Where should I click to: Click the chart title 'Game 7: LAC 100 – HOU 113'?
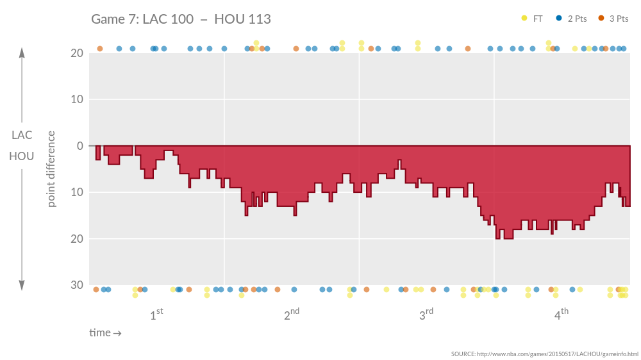tap(181, 19)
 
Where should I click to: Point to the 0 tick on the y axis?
tap(80, 146)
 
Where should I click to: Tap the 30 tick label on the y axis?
tap(76, 285)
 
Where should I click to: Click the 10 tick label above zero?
tap(76, 99)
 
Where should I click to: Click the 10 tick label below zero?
tap(76, 192)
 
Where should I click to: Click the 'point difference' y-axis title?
tap(51, 169)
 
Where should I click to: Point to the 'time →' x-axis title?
tap(105, 332)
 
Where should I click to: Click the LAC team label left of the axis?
tap(22, 135)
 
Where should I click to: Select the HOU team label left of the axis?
tap(22, 156)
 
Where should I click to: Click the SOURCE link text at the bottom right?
tap(544, 354)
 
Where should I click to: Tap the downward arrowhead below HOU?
tap(22, 286)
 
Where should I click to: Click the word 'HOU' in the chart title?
tap(228, 19)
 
